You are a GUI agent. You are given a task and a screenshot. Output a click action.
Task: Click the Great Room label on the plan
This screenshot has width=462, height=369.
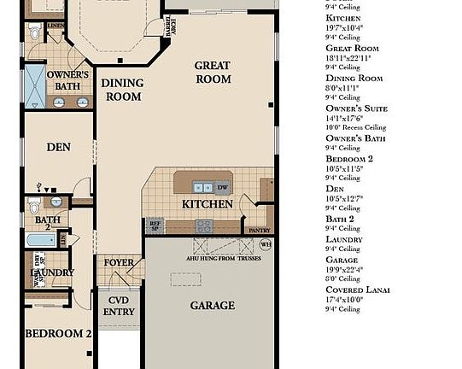pyautogui.click(x=213, y=72)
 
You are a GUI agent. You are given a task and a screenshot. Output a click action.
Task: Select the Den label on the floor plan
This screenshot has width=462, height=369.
pyautogui.click(x=58, y=147)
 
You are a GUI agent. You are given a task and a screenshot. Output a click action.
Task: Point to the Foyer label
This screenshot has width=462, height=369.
pyautogui.click(x=119, y=262)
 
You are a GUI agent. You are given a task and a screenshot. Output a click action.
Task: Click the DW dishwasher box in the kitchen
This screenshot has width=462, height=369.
pyautogui.click(x=222, y=187)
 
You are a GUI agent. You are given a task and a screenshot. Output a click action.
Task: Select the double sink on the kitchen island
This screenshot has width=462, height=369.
pyautogui.click(x=202, y=187)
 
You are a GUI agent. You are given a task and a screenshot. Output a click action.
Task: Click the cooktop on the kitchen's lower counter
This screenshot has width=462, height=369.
pyautogui.click(x=204, y=226)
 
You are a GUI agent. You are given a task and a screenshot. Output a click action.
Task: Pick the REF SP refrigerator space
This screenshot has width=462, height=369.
pyautogui.click(x=155, y=226)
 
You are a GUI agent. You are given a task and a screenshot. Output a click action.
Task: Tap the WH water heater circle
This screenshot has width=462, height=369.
pyautogui.click(x=265, y=244)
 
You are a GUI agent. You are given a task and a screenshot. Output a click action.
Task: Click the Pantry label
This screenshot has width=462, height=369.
pyautogui.click(x=259, y=230)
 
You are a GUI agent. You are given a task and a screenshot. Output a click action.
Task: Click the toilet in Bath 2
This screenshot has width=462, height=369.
pyautogui.click(x=33, y=206)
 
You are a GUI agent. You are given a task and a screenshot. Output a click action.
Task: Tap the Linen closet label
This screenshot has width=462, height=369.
pyautogui.click(x=56, y=26)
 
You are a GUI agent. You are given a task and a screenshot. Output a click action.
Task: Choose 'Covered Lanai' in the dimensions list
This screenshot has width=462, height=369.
pyautogui.click(x=358, y=290)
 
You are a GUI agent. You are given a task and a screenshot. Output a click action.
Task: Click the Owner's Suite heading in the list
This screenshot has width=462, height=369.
pyautogui.click(x=356, y=108)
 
